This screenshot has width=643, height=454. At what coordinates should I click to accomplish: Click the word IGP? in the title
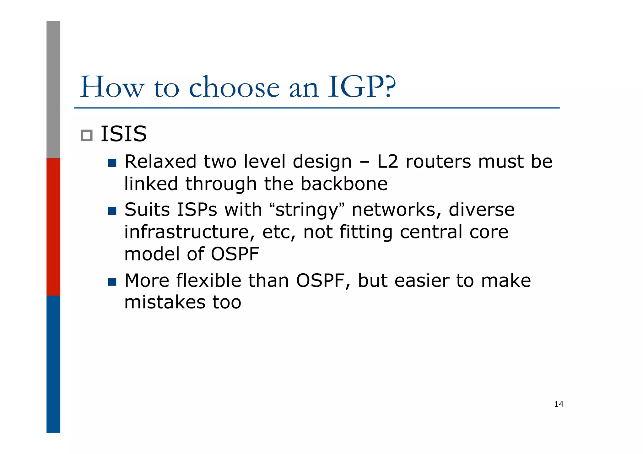coord(361,87)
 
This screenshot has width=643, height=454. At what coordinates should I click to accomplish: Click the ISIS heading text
coord(123,134)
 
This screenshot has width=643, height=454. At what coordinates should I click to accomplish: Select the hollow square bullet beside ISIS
coord(87,136)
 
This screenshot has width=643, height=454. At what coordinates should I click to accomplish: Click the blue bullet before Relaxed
coord(112,163)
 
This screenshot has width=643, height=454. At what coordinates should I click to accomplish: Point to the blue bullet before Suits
coord(112,211)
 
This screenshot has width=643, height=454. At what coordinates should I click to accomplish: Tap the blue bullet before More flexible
coord(112,281)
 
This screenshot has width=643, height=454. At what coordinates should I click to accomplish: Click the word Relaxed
coord(160,162)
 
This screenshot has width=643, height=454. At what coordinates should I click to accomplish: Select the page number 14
coord(559,404)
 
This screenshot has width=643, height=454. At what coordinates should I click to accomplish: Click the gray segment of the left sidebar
coord(53,89)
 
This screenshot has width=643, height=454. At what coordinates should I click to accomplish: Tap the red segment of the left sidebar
coord(53,227)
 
